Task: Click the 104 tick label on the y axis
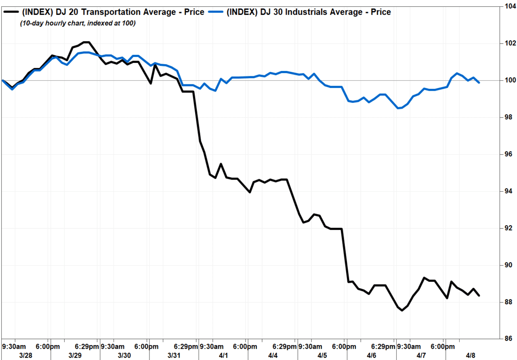[x=510, y=6]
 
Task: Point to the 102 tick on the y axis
[x=510, y=43]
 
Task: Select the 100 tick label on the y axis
[x=510, y=80]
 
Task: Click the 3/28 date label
[x=25, y=356]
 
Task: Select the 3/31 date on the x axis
[x=174, y=356]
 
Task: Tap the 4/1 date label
[x=223, y=356]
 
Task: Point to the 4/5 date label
[x=322, y=356]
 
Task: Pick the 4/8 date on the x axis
[x=471, y=356]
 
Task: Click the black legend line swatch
[x=11, y=12]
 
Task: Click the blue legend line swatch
[x=216, y=12]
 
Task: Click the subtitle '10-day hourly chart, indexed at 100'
[x=78, y=23]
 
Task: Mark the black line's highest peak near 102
[x=86, y=42]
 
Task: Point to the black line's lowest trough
[x=402, y=310]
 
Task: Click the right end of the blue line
[x=479, y=83]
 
